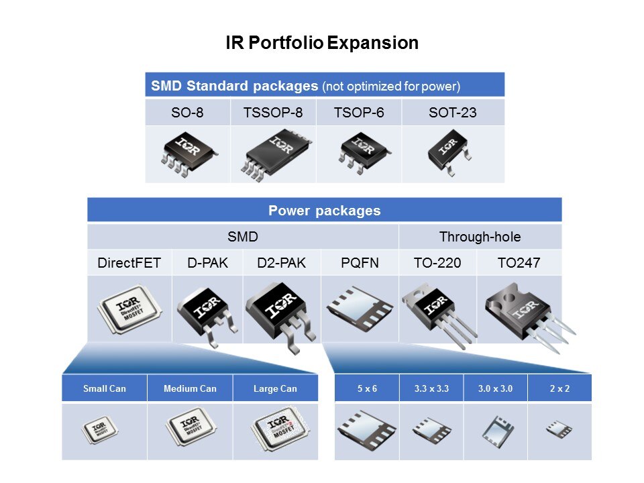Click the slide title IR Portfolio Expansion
point(322,43)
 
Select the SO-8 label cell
point(188,112)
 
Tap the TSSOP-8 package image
point(276,155)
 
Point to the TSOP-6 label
point(359,112)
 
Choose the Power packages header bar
point(325,210)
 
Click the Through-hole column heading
point(480,237)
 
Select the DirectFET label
point(129,262)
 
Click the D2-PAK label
point(281,262)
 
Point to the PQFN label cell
point(360,262)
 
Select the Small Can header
point(105,388)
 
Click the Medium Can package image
point(191,427)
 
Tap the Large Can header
point(275,388)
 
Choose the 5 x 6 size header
point(367,388)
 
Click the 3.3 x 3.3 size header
point(431,388)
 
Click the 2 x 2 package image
point(559,429)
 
